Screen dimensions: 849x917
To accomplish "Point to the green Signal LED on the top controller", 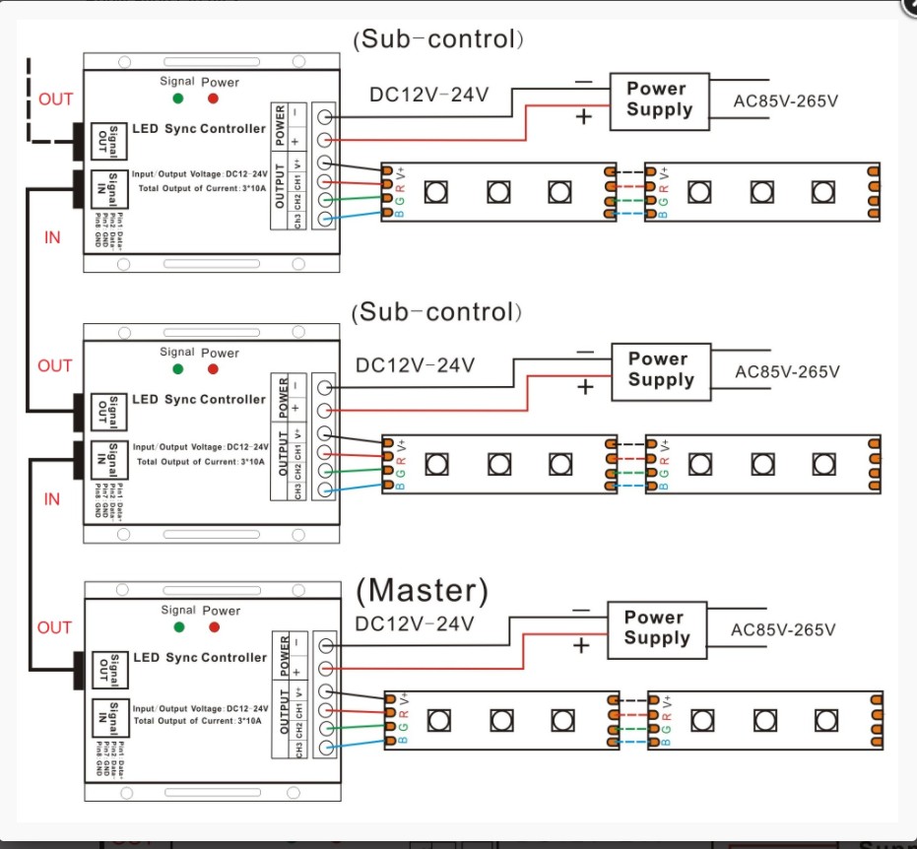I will (x=177, y=98).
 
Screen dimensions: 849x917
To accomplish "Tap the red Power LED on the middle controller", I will (x=214, y=368).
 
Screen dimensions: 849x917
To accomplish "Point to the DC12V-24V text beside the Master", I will (x=415, y=623).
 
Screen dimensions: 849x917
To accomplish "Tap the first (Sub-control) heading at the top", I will (x=437, y=39).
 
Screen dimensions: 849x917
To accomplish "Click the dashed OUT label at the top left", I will (x=55, y=98).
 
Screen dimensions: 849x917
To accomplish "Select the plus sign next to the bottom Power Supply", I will (x=581, y=646).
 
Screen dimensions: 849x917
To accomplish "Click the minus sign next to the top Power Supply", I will (x=583, y=83).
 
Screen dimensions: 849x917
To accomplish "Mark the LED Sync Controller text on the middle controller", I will (x=199, y=399).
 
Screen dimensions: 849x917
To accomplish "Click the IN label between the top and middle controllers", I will (x=52, y=237).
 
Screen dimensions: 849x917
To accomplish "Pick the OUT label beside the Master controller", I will (x=54, y=627).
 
